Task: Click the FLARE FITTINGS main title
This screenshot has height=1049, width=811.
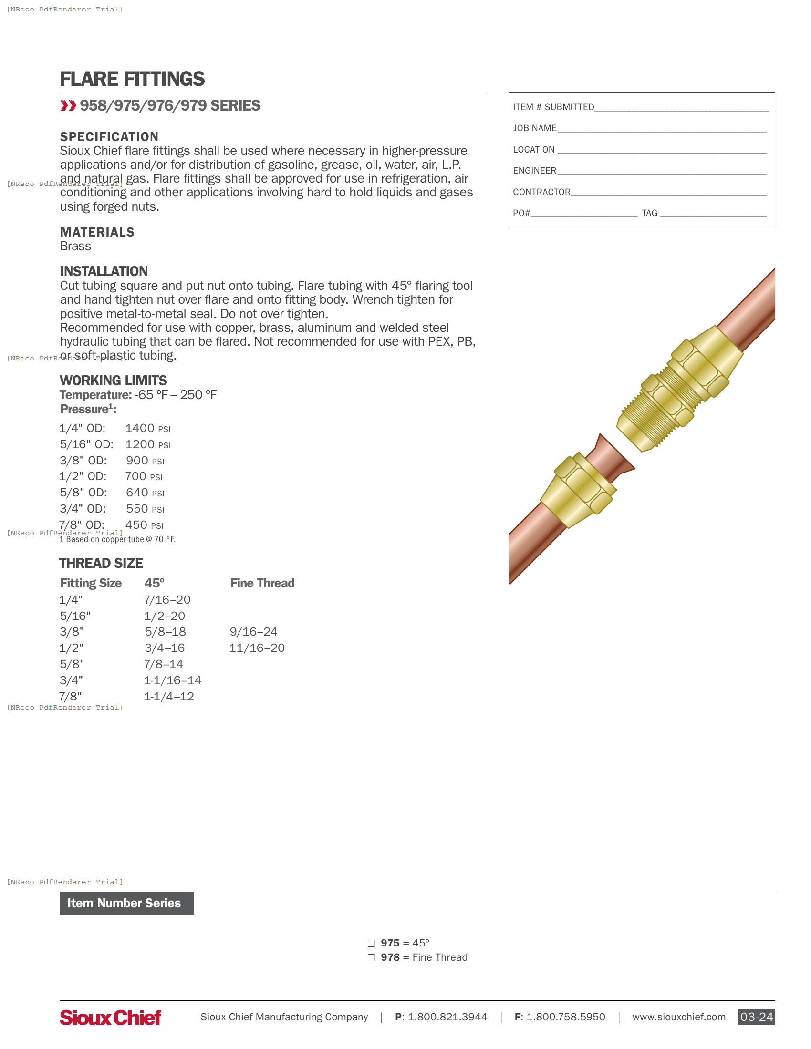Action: tap(132, 79)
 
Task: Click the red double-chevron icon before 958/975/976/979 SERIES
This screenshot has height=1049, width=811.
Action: tap(68, 106)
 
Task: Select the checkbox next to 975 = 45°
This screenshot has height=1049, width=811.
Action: tap(371, 943)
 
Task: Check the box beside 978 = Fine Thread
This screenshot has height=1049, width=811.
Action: tap(371, 958)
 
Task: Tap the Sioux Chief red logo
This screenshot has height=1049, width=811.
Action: tap(110, 1018)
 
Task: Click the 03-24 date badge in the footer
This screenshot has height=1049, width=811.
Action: tap(756, 1017)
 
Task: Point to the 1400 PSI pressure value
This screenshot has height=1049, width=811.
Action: tap(147, 429)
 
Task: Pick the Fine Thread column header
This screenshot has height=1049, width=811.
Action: tap(262, 584)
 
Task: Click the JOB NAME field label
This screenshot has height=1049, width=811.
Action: tap(534, 129)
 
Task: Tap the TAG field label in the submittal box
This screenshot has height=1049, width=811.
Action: tap(649, 213)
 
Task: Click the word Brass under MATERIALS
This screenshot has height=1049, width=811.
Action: tap(75, 247)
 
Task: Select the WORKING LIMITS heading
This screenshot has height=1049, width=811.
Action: tap(114, 381)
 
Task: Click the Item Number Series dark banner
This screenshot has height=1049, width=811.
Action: tap(126, 904)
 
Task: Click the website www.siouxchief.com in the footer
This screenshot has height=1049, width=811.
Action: tap(678, 1018)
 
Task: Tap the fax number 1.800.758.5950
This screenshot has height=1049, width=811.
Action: tap(565, 1018)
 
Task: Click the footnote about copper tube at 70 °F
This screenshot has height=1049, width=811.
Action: tap(118, 540)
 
